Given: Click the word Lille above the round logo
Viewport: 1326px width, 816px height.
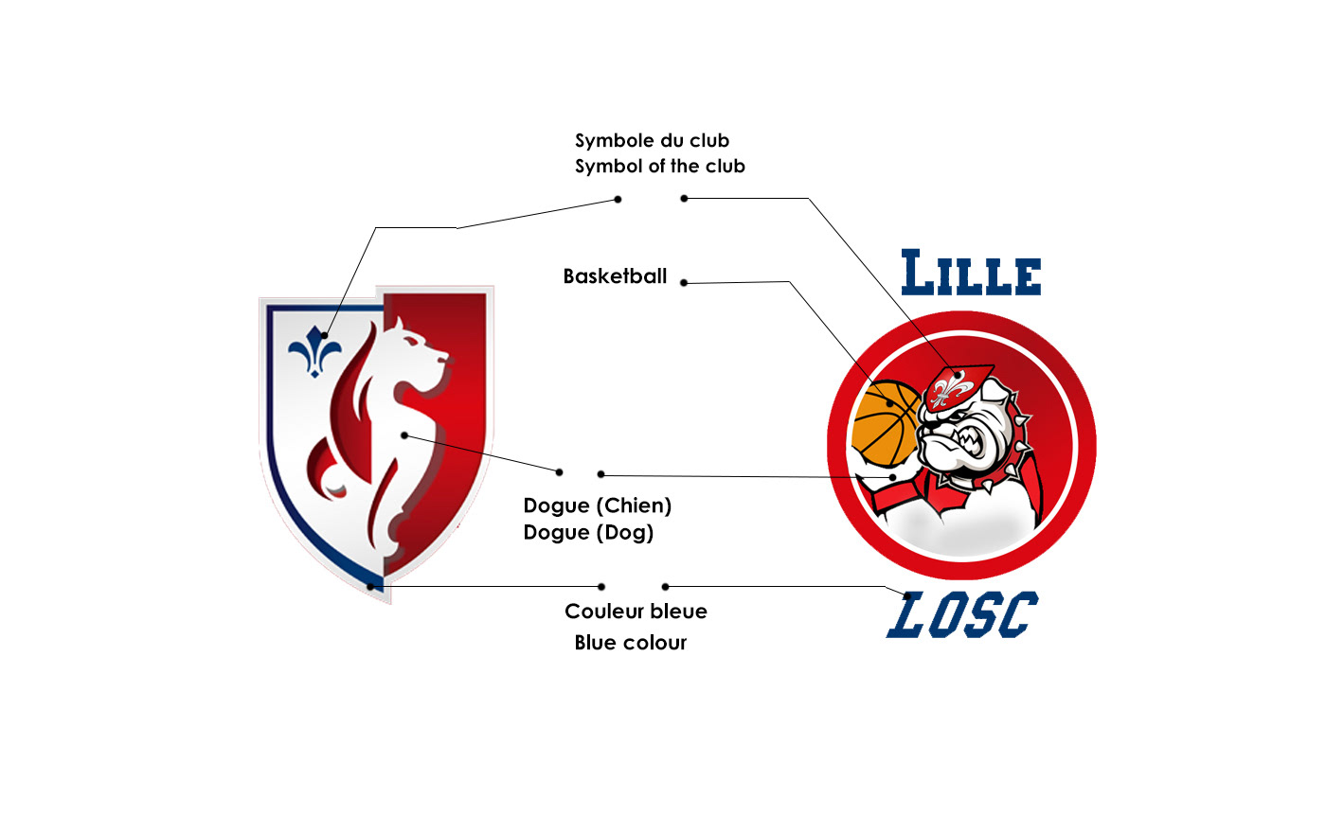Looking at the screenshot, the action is tap(971, 273).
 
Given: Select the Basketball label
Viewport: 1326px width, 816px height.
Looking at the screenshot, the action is tap(615, 277).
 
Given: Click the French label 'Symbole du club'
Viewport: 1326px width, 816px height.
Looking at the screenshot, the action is tap(652, 141).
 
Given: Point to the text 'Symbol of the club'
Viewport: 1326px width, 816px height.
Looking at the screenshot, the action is tap(659, 167).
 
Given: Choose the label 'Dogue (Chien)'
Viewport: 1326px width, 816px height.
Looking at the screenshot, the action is tap(597, 506).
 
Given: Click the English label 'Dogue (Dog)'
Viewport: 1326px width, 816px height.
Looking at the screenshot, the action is tap(588, 533).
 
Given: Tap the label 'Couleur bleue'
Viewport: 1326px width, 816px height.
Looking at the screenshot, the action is tap(636, 612).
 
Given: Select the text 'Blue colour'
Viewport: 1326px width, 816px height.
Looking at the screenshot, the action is tap(630, 643).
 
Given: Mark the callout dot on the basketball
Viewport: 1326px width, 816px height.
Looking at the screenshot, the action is tap(888, 401).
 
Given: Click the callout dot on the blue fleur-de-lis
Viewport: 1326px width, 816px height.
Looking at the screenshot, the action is tap(324, 335).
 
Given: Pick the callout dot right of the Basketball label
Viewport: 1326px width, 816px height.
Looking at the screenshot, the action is tap(684, 283).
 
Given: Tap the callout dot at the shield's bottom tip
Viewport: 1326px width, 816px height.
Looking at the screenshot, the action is tap(370, 586).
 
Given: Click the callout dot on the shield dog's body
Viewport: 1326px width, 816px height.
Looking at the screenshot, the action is tap(404, 435).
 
